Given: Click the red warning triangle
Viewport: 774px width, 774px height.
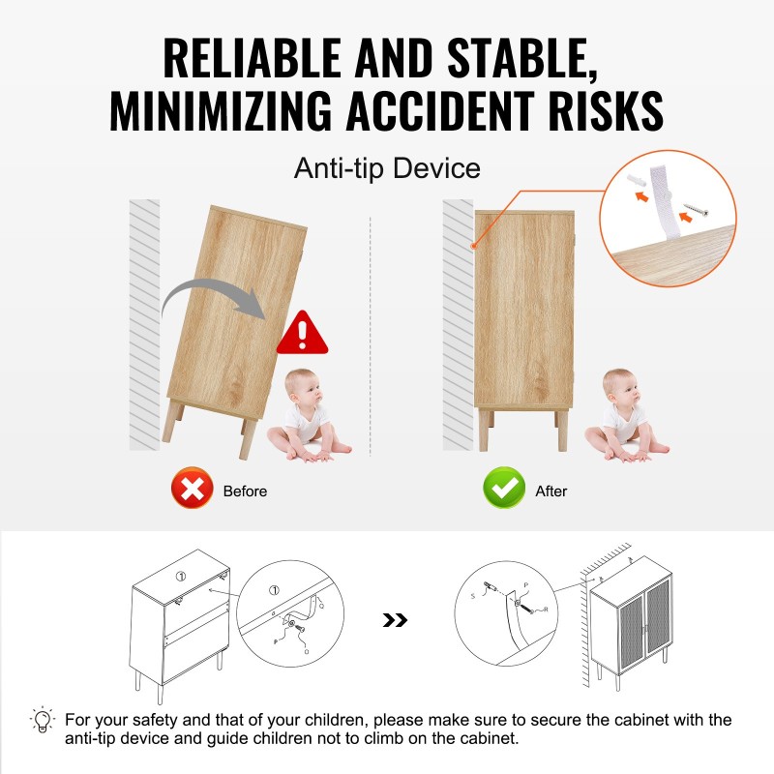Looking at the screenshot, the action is [x=302, y=333].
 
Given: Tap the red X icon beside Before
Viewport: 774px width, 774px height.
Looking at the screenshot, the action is [x=192, y=488].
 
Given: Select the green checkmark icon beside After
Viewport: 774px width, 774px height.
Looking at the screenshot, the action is [x=504, y=488].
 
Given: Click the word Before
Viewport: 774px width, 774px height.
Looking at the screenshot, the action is [x=245, y=491].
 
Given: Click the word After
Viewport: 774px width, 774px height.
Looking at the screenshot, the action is [x=551, y=491].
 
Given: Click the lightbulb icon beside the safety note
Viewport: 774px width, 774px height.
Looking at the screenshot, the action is [x=43, y=720].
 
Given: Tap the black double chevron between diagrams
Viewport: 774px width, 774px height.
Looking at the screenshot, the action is [x=395, y=620].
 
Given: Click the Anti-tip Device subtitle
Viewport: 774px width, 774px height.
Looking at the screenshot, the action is [x=387, y=168].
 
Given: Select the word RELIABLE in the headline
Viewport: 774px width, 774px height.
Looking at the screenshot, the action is [x=252, y=58].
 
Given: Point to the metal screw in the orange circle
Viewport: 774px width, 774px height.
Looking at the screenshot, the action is [x=696, y=209].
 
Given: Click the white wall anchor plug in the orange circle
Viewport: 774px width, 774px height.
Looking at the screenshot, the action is [x=637, y=180].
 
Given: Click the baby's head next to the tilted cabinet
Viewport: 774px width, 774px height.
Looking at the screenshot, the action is [x=303, y=388].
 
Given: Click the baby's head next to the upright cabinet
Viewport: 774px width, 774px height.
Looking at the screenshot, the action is [x=620, y=388].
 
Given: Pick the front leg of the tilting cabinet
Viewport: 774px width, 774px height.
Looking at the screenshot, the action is [x=247, y=438].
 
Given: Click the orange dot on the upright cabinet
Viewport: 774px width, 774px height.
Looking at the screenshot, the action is [x=473, y=246].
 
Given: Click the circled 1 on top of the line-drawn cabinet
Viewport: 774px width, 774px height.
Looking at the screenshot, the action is [x=181, y=576].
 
